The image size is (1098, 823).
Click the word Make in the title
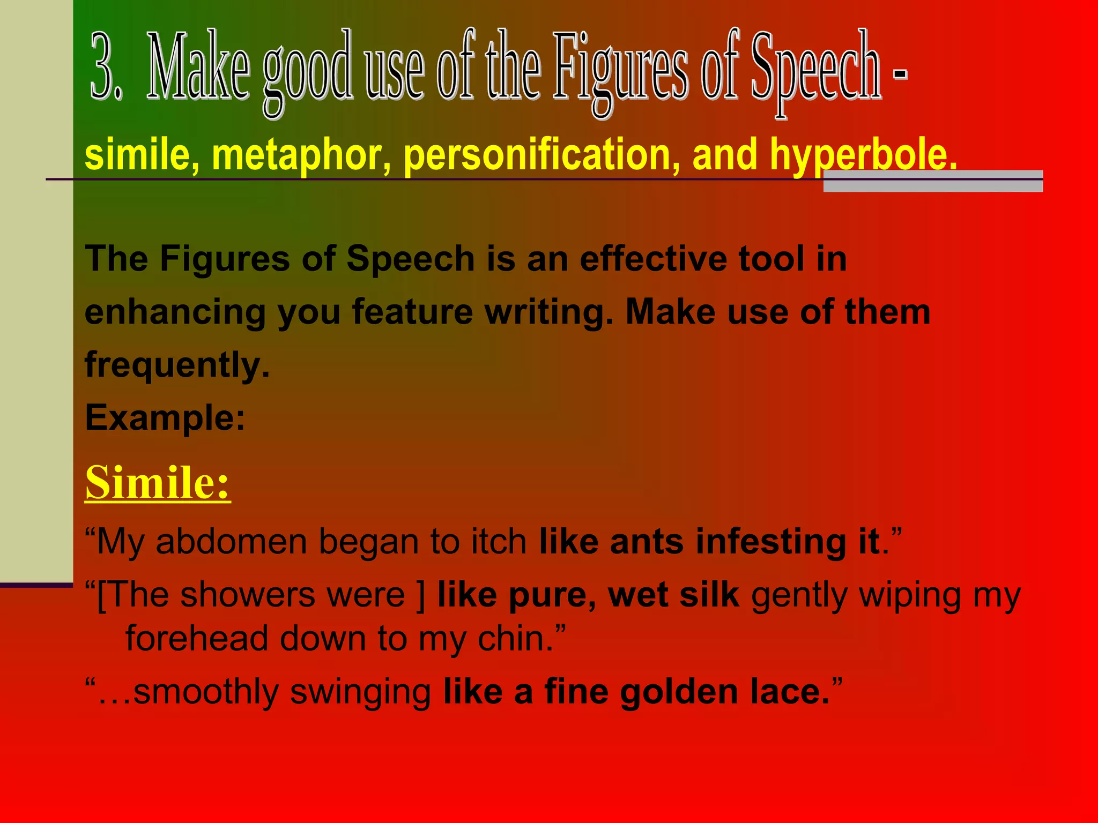tap(198, 67)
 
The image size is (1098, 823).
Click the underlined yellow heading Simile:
tap(158, 482)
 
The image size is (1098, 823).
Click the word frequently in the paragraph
tap(177, 365)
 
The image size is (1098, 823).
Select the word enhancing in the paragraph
tap(175, 313)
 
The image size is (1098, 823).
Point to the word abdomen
tap(231, 542)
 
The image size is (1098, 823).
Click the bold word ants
tap(647, 542)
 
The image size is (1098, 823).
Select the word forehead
tap(196, 639)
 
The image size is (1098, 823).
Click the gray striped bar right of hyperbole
tap(933, 181)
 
